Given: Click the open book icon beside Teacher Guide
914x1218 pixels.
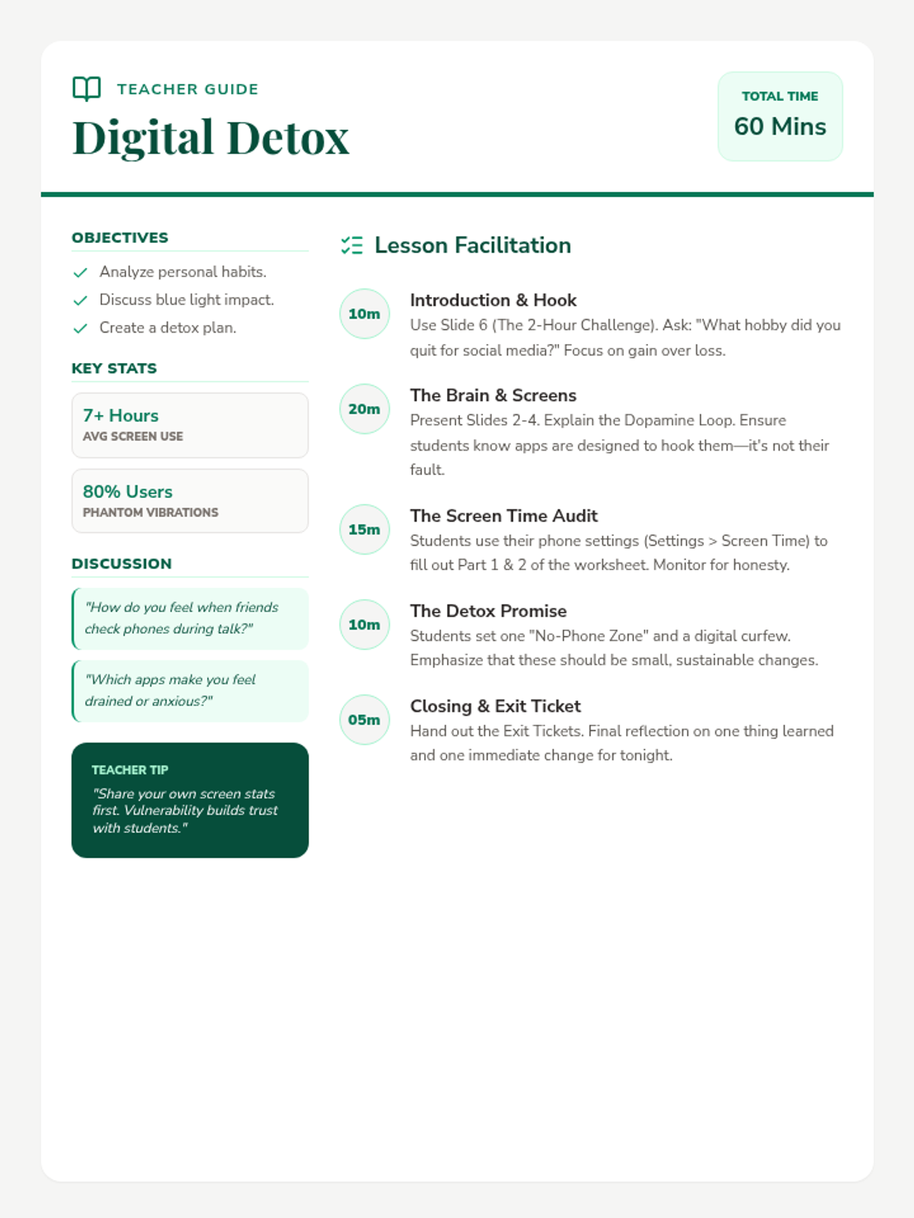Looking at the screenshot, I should pyautogui.click(x=86, y=88).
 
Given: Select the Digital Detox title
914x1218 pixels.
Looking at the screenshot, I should pyautogui.click(x=210, y=138).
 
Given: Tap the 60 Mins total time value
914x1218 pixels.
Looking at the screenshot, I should pyautogui.click(x=779, y=126).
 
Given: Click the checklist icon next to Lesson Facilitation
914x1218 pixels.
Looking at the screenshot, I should pyautogui.click(x=352, y=245).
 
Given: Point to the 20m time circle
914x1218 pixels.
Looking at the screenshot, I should pyautogui.click(x=364, y=409).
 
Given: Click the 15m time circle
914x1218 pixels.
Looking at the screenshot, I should pyautogui.click(x=364, y=529).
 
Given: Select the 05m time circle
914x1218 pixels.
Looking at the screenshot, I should pyautogui.click(x=364, y=719).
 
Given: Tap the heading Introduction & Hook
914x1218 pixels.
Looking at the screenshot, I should pyautogui.click(x=493, y=300).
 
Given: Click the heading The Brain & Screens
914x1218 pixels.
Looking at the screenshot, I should pyautogui.click(x=493, y=395).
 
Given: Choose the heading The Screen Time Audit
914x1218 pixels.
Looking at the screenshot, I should pyautogui.click(x=503, y=515).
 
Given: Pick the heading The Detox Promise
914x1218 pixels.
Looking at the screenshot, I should pyautogui.click(x=488, y=611).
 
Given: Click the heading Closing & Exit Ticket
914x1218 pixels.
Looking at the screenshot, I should pyautogui.click(x=495, y=706).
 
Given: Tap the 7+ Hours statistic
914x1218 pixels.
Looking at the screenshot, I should pyautogui.click(x=121, y=416).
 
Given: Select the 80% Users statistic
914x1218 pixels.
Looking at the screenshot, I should pyautogui.click(x=128, y=492).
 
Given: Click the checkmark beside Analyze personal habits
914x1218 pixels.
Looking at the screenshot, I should pyautogui.click(x=80, y=273).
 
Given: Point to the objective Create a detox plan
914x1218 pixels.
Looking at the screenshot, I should pyautogui.click(x=168, y=327).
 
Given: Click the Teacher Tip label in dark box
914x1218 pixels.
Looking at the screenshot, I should pyautogui.click(x=130, y=770).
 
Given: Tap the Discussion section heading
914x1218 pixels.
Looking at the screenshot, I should pyautogui.click(x=122, y=563).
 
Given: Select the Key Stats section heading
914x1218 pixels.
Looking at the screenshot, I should pyautogui.click(x=114, y=368).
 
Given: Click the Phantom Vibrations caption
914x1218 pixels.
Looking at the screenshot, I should pyautogui.click(x=151, y=512).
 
